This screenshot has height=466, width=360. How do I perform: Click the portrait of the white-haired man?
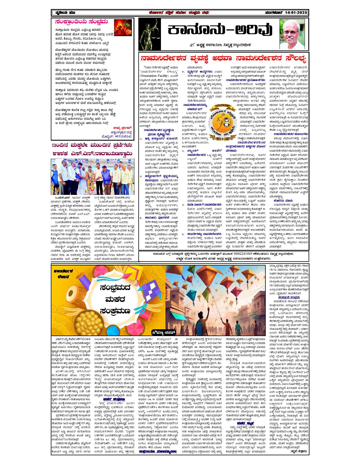[292, 34]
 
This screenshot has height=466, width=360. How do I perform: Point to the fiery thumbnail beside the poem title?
[123, 28]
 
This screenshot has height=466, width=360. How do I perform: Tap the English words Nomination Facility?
[156, 76]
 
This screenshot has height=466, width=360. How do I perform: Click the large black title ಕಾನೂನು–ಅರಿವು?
[219, 31]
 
